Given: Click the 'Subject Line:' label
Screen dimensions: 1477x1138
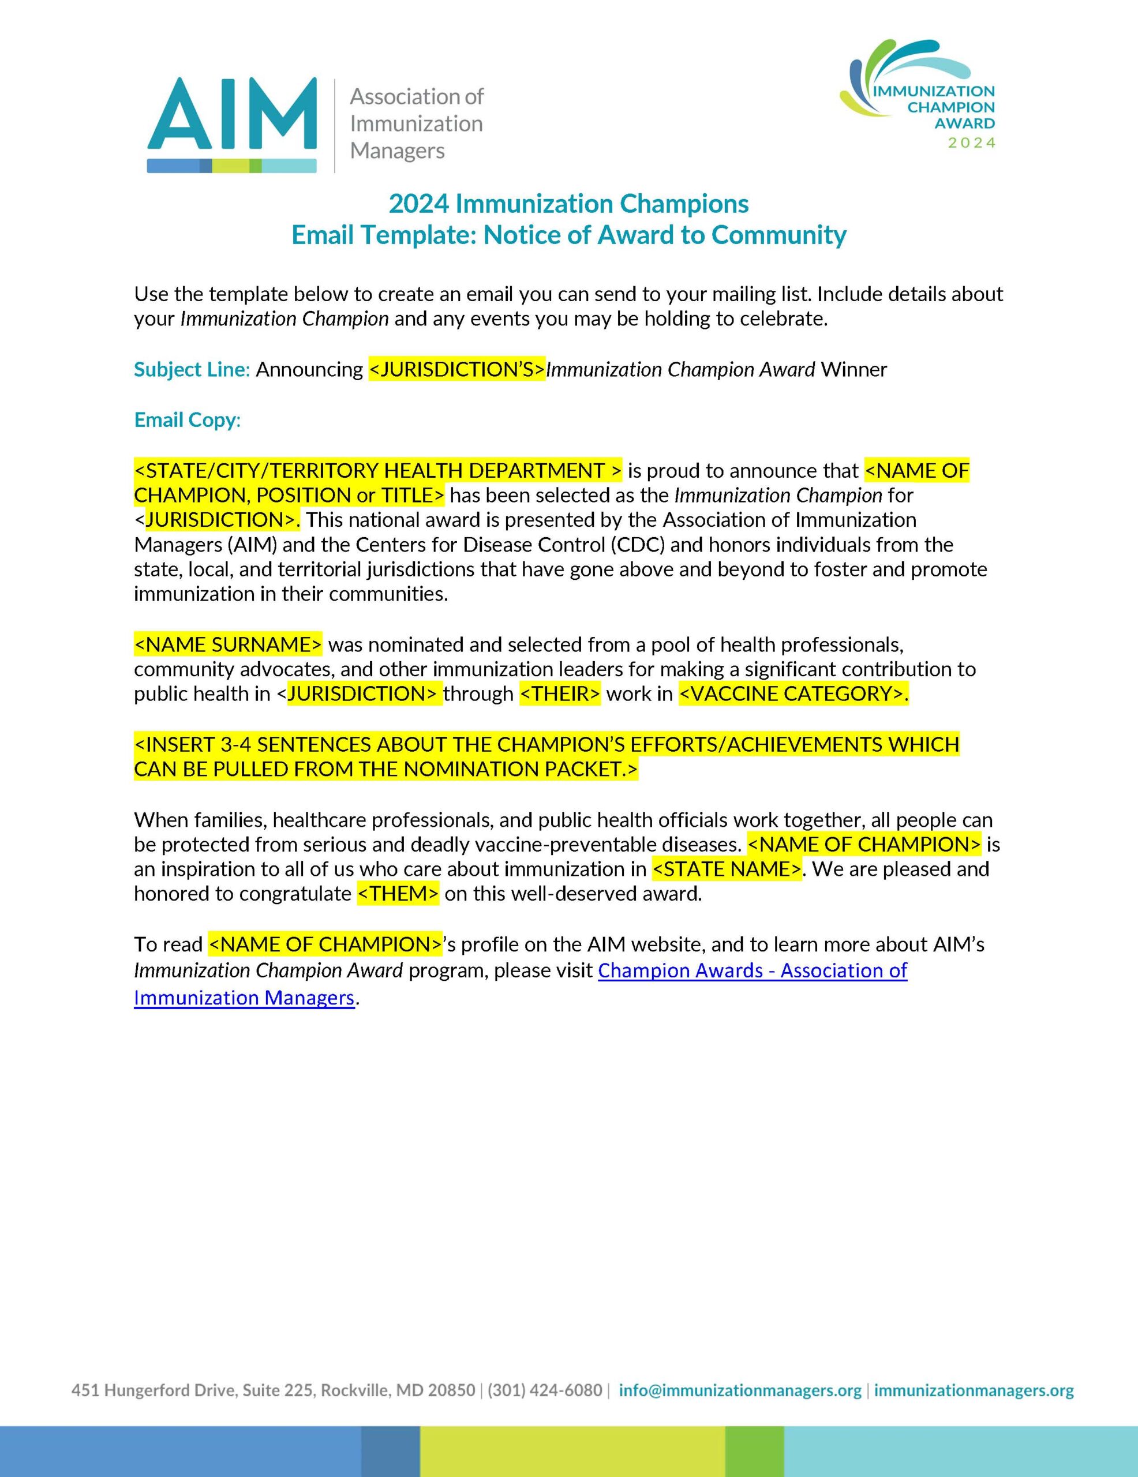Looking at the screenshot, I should pyautogui.click(x=192, y=370).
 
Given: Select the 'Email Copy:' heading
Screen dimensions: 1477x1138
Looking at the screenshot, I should pyautogui.click(x=188, y=420).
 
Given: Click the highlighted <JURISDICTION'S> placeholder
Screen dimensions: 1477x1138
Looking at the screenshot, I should pyautogui.click(x=456, y=370).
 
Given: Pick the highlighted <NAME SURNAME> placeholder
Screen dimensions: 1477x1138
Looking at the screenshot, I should pyautogui.click(x=228, y=644).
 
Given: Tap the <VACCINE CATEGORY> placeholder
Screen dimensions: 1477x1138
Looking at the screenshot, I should pyautogui.click(x=793, y=694).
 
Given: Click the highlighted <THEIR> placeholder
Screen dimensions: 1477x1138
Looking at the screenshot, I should pyautogui.click(x=560, y=694).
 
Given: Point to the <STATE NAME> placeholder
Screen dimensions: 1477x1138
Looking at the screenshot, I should pyautogui.click(x=727, y=869).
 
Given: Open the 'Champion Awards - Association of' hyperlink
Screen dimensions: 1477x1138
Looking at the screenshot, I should pyautogui.click(x=753, y=970).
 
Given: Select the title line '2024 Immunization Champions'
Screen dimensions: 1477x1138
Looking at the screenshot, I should pyautogui.click(x=568, y=204).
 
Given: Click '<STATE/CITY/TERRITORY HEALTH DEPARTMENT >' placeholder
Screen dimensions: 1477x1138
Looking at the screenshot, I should pyautogui.click(x=377, y=470).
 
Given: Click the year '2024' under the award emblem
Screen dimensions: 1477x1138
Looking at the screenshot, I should pyautogui.click(x=972, y=143).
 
